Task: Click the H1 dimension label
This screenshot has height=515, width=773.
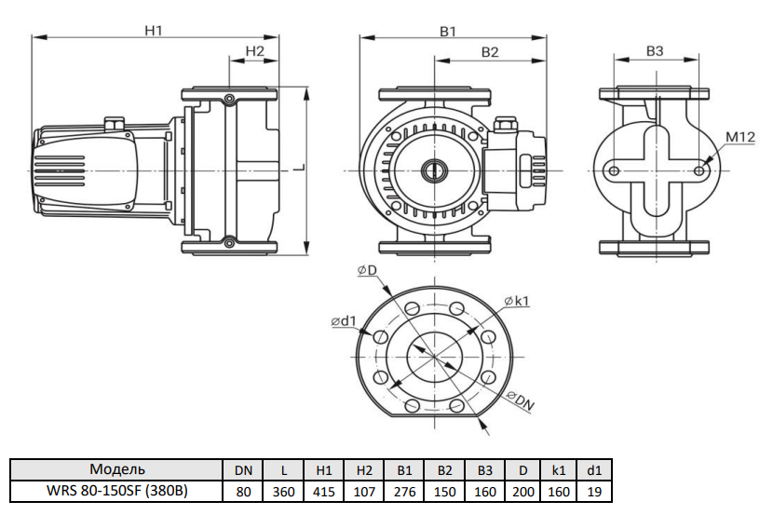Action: click(x=154, y=30)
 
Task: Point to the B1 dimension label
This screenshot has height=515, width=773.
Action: click(x=448, y=31)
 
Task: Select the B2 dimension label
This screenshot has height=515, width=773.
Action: click(x=491, y=52)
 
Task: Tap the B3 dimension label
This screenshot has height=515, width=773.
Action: click(x=655, y=51)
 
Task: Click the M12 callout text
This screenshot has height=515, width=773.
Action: click(x=739, y=138)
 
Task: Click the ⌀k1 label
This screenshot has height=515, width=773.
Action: click(x=517, y=301)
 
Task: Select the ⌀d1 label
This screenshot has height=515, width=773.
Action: click(x=344, y=321)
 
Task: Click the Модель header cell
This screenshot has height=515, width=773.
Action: click(x=117, y=469)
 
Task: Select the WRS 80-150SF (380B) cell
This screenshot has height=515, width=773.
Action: click(x=117, y=491)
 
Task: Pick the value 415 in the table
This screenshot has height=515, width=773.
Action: click(x=324, y=491)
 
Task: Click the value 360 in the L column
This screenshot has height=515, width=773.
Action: click(x=283, y=491)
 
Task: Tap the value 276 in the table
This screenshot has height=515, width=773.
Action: click(x=404, y=491)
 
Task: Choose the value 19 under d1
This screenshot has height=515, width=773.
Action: click(x=594, y=491)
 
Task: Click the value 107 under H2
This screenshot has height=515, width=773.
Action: click(x=364, y=491)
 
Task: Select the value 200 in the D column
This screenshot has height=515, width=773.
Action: click(x=523, y=491)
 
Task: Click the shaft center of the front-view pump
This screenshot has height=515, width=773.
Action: click(x=434, y=170)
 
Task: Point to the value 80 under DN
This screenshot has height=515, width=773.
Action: click(x=243, y=491)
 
